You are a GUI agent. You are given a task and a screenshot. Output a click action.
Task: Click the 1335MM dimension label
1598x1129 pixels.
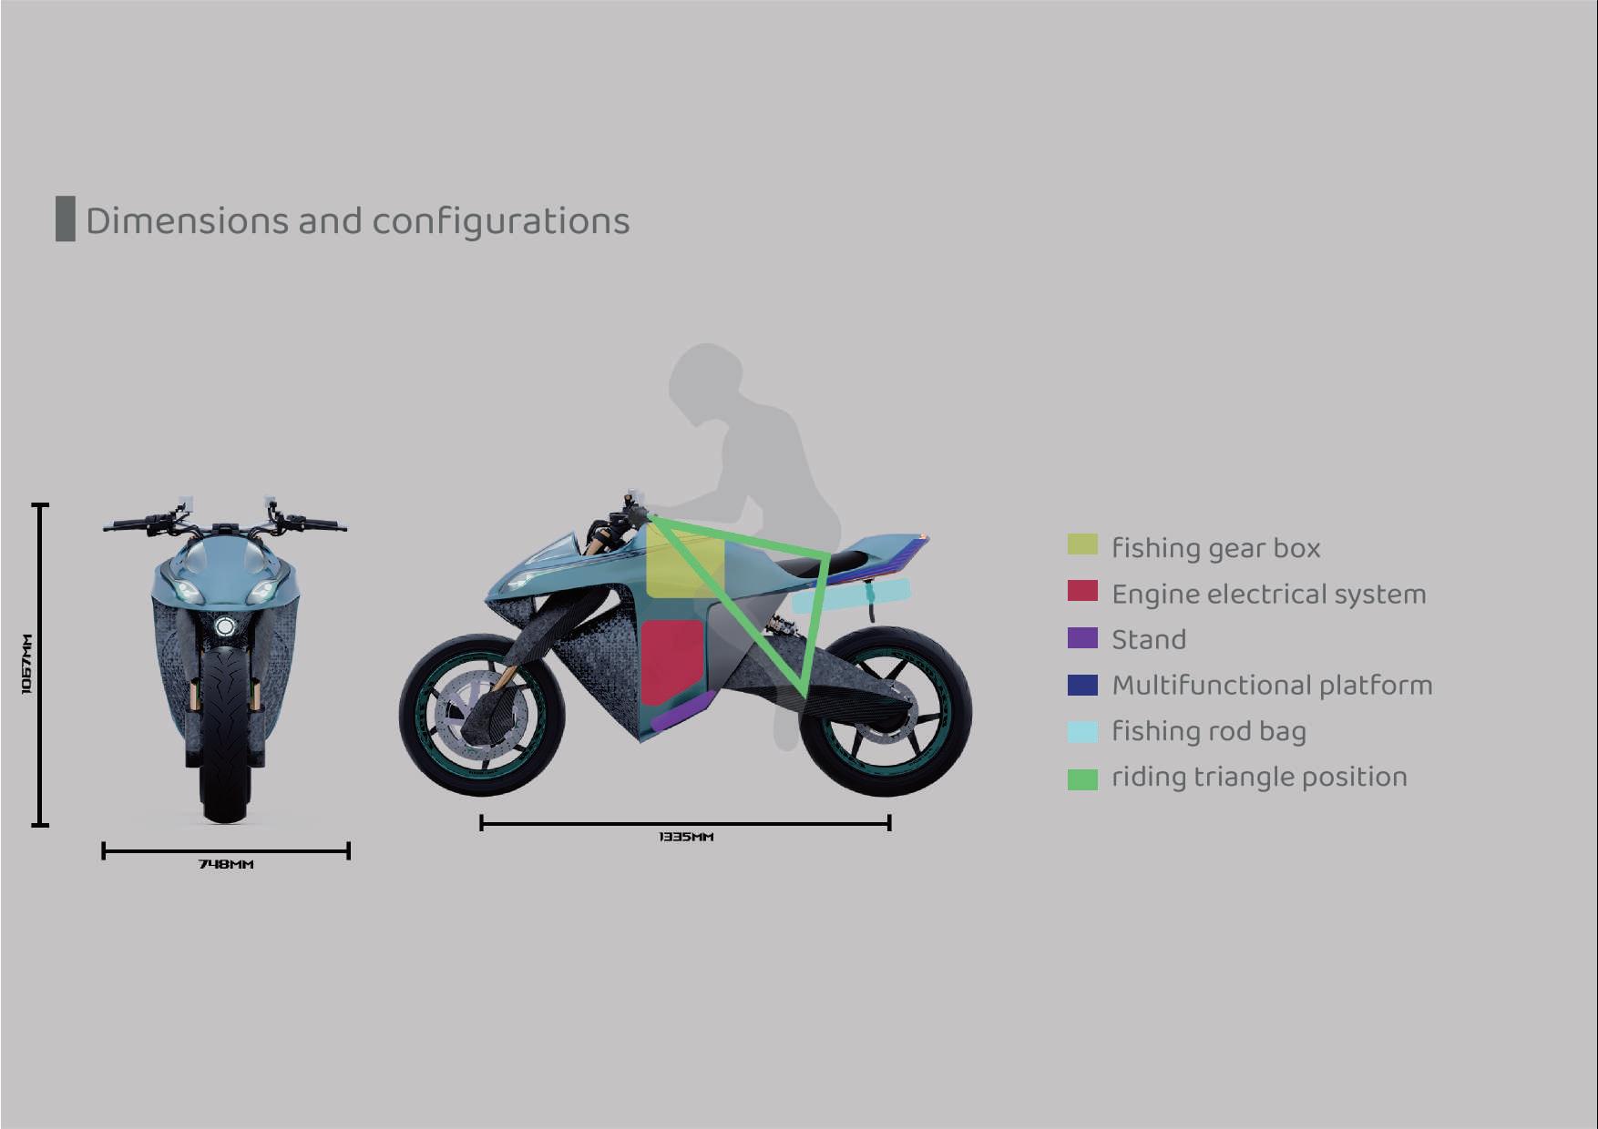pyautogui.click(x=685, y=837)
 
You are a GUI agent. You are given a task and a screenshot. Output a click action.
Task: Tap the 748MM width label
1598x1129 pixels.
pyautogui.click(x=226, y=864)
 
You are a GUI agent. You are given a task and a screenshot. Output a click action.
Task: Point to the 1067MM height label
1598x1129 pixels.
pyautogui.click(x=26, y=664)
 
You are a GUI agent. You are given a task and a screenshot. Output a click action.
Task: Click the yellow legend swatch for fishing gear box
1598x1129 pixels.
pyautogui.click(x=1082, y=544)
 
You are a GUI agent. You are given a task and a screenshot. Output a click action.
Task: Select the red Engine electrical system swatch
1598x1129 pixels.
pyautogui.click(x=1082, y=591)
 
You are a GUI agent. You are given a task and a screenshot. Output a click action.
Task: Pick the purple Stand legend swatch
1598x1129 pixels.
pyautogui.click(x=1082, y=637)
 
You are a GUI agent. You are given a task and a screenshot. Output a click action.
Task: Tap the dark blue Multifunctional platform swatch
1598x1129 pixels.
pyautogui.click(x=1082, y=685)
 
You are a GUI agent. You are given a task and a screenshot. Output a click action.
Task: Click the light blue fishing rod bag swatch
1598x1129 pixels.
pyautogui.click(x=1082, y=731)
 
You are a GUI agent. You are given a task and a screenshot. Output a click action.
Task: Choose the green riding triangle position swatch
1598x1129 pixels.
pyautogui.click(x=1082, y=778)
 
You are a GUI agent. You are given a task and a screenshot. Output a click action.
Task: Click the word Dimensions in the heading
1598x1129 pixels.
pyautogui.click(x=187, y=221)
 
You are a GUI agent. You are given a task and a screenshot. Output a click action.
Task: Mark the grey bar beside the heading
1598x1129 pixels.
pyautogui.click(x=65, y=219)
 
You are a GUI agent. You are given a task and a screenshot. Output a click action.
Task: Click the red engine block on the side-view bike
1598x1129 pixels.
pyautogui.click(x=672, y=660)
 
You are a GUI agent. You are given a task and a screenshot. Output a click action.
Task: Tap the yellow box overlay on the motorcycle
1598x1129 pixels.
pyautogui.click(x=684, y=566)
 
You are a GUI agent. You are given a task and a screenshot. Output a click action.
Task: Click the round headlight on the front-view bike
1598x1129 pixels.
pyautogui.click(x=224, y=626)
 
